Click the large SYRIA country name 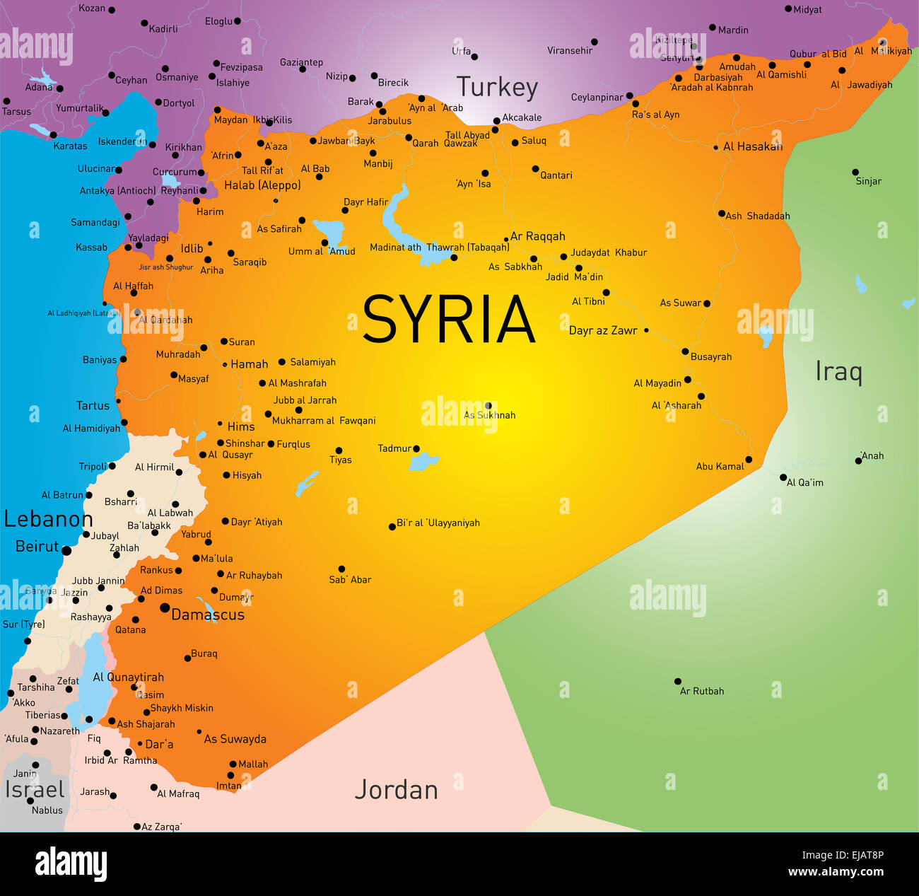(448, 319)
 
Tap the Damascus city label (208, 615)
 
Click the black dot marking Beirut (66, 550)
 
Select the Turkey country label (497, 87)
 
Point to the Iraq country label (838, 371)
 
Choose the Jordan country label (396, 789)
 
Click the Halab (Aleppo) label (262, 185)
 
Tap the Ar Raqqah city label (538, 236)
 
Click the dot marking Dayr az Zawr (646, 330)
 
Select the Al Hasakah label (753, 146)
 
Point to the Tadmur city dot (416, 448)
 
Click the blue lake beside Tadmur (423, 462)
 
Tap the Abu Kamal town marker (749, 460)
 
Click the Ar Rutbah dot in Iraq (677, 682)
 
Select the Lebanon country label (48, 519)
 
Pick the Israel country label (35, 789)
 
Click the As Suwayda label (235, 739)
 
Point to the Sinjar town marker (855, 172)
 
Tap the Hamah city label (250, 364)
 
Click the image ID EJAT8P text (857, 855)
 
